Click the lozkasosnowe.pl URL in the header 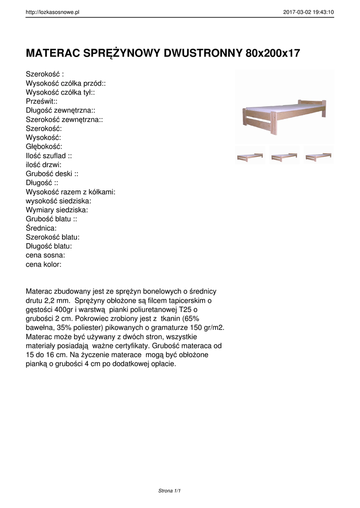click(x=53, y=12)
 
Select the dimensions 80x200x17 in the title click(x=273, y=53)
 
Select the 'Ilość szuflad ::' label click(x=49, y=155)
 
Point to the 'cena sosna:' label click(x=45, y=255)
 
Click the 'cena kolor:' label click(x=44, y=264)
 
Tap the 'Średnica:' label click(x=41, y=228)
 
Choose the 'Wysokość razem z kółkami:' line click(x=71, y=192)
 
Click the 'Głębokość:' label click(x=44, y=146)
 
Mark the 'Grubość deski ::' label click(x=52, y=174)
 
